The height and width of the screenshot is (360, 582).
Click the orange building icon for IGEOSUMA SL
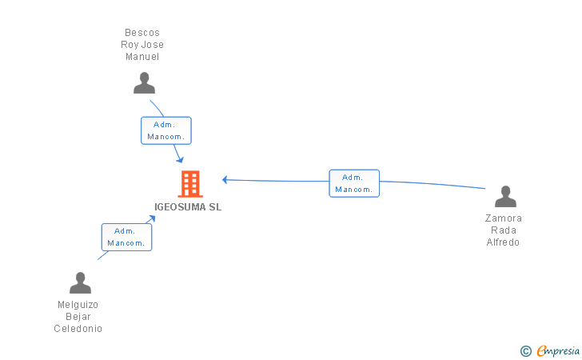tap(190, 184)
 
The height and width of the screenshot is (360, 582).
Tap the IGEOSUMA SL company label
tap(188, 207)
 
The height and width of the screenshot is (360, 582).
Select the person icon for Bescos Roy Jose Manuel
tap(144, 83)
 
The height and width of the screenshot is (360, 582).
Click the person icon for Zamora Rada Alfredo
tap(505, 197)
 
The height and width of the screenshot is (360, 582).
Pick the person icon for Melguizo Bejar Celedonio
tap(80, 282)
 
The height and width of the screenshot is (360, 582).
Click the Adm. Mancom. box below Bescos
tap(166, 130)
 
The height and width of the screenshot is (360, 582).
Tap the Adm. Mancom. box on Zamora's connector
tap(354, 183)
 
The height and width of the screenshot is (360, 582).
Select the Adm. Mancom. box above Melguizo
tap(126, 237)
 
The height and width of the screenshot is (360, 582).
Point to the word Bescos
tap(142, 33)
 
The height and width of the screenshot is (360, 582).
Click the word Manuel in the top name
tap(142, 57)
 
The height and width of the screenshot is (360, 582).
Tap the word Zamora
tap(504, 218)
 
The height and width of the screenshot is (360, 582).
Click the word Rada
tap(504, 230)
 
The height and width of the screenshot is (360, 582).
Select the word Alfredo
tap(503, 242)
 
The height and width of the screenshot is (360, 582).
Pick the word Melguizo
tap(78, 305)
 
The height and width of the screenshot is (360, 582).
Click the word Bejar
tap(78, 317)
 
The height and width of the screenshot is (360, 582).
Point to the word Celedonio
tap(78, 329)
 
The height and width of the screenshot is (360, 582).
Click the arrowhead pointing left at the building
tap(225, 180)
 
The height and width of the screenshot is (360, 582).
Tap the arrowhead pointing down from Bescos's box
tap(180, 160)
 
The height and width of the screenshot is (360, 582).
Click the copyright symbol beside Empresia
tap(525, 351)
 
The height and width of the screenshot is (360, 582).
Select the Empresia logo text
tap(558, 350)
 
